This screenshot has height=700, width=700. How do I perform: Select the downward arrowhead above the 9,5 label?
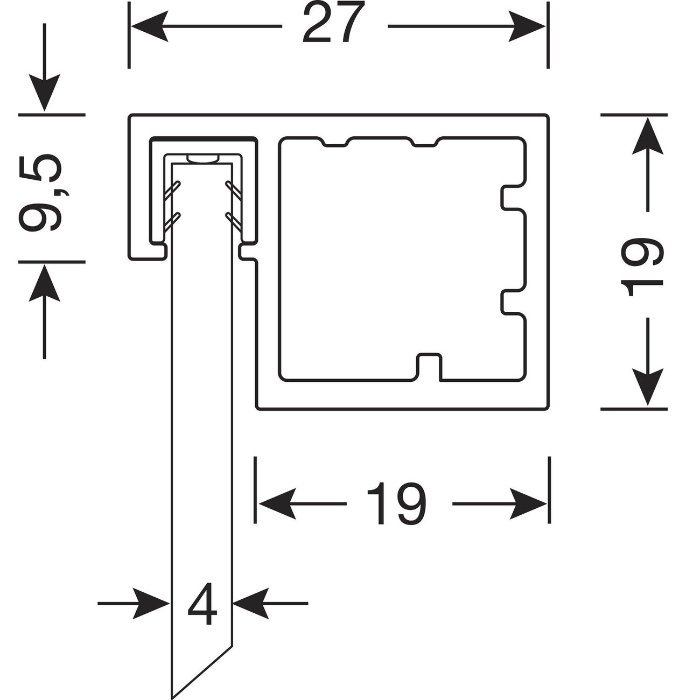pyautogui.click(x=44, y=95)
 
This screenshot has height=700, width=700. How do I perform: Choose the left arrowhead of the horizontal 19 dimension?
pyautogui.click(x=277, y=504)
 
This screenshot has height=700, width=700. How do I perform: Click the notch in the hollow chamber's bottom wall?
pyautogui.click(x=429, y=366)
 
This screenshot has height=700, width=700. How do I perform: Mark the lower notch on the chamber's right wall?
pyautogui.click(x=512, y=302)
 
